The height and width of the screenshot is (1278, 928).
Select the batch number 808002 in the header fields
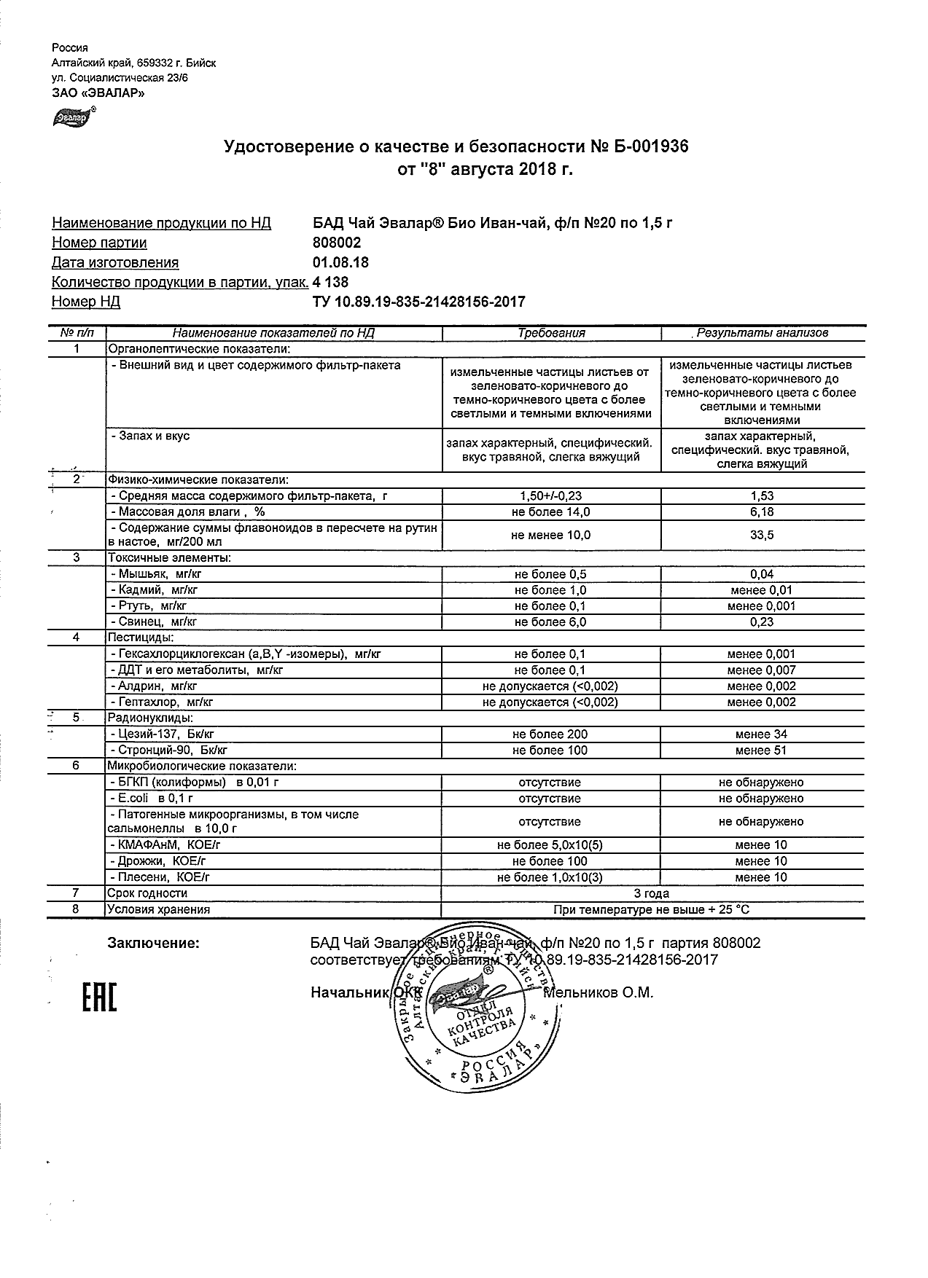[x=336, y=243]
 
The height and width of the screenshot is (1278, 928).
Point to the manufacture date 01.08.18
[x=340, y=262]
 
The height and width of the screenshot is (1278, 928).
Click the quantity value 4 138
[x=330, y=282]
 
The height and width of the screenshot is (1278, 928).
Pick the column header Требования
[x=551, y=333]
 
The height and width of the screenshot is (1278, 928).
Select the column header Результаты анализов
[x=763, y=333]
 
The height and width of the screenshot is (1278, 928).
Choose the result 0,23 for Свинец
[x=762, y=622]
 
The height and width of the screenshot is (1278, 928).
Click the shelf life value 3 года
[x=652, y=893]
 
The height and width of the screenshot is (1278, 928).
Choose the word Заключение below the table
[x=153, y=943]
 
